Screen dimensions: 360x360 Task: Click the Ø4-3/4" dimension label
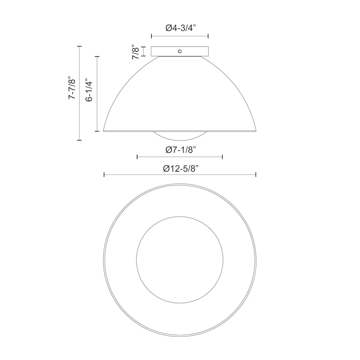click(x=180, y=28)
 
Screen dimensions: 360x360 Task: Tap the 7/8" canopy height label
click(x=136, y=52)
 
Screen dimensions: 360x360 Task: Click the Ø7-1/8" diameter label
click(x=180, y=150)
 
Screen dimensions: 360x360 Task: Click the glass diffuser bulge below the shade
click(x=180, y=136)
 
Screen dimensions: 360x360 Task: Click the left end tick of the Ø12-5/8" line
click(x=104, y=174)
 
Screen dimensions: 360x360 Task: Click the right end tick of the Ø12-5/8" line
click(x=256, y=174)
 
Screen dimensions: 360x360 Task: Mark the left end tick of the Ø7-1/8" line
click(x=137, y=157)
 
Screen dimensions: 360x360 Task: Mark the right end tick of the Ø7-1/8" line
click(x=222, y=157)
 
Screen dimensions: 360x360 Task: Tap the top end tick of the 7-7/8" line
click(x=79, y=46)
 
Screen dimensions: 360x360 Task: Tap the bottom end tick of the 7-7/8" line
click(x=79, y=140)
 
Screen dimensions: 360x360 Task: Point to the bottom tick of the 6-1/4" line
click(x=97, y=131)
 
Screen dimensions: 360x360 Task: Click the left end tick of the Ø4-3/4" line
click(x=152, y=36)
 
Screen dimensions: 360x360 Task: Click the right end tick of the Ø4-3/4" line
click(x=208, y=36)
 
